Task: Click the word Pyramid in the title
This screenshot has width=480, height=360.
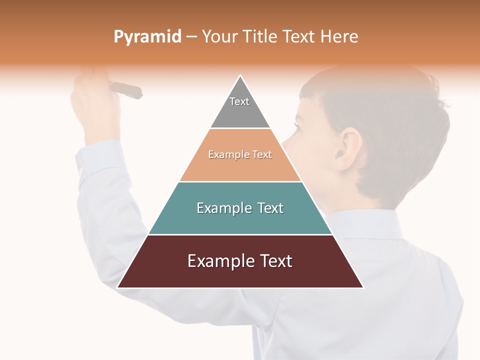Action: tap(147, 37)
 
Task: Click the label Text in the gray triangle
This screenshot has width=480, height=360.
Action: tap(239, 101)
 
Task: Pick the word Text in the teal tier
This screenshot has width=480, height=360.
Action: tap(270, 208)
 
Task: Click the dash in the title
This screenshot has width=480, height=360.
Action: tap(191, 37)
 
